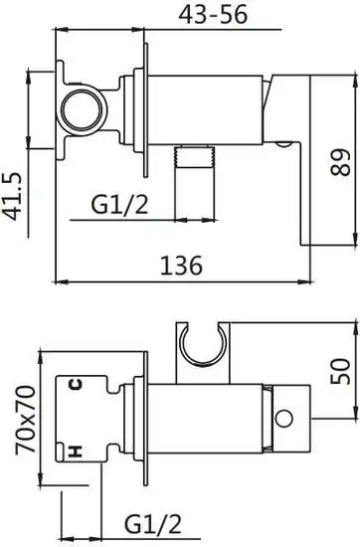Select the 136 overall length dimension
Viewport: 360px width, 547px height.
(181, 266)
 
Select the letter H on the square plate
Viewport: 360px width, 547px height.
(73, 453)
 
